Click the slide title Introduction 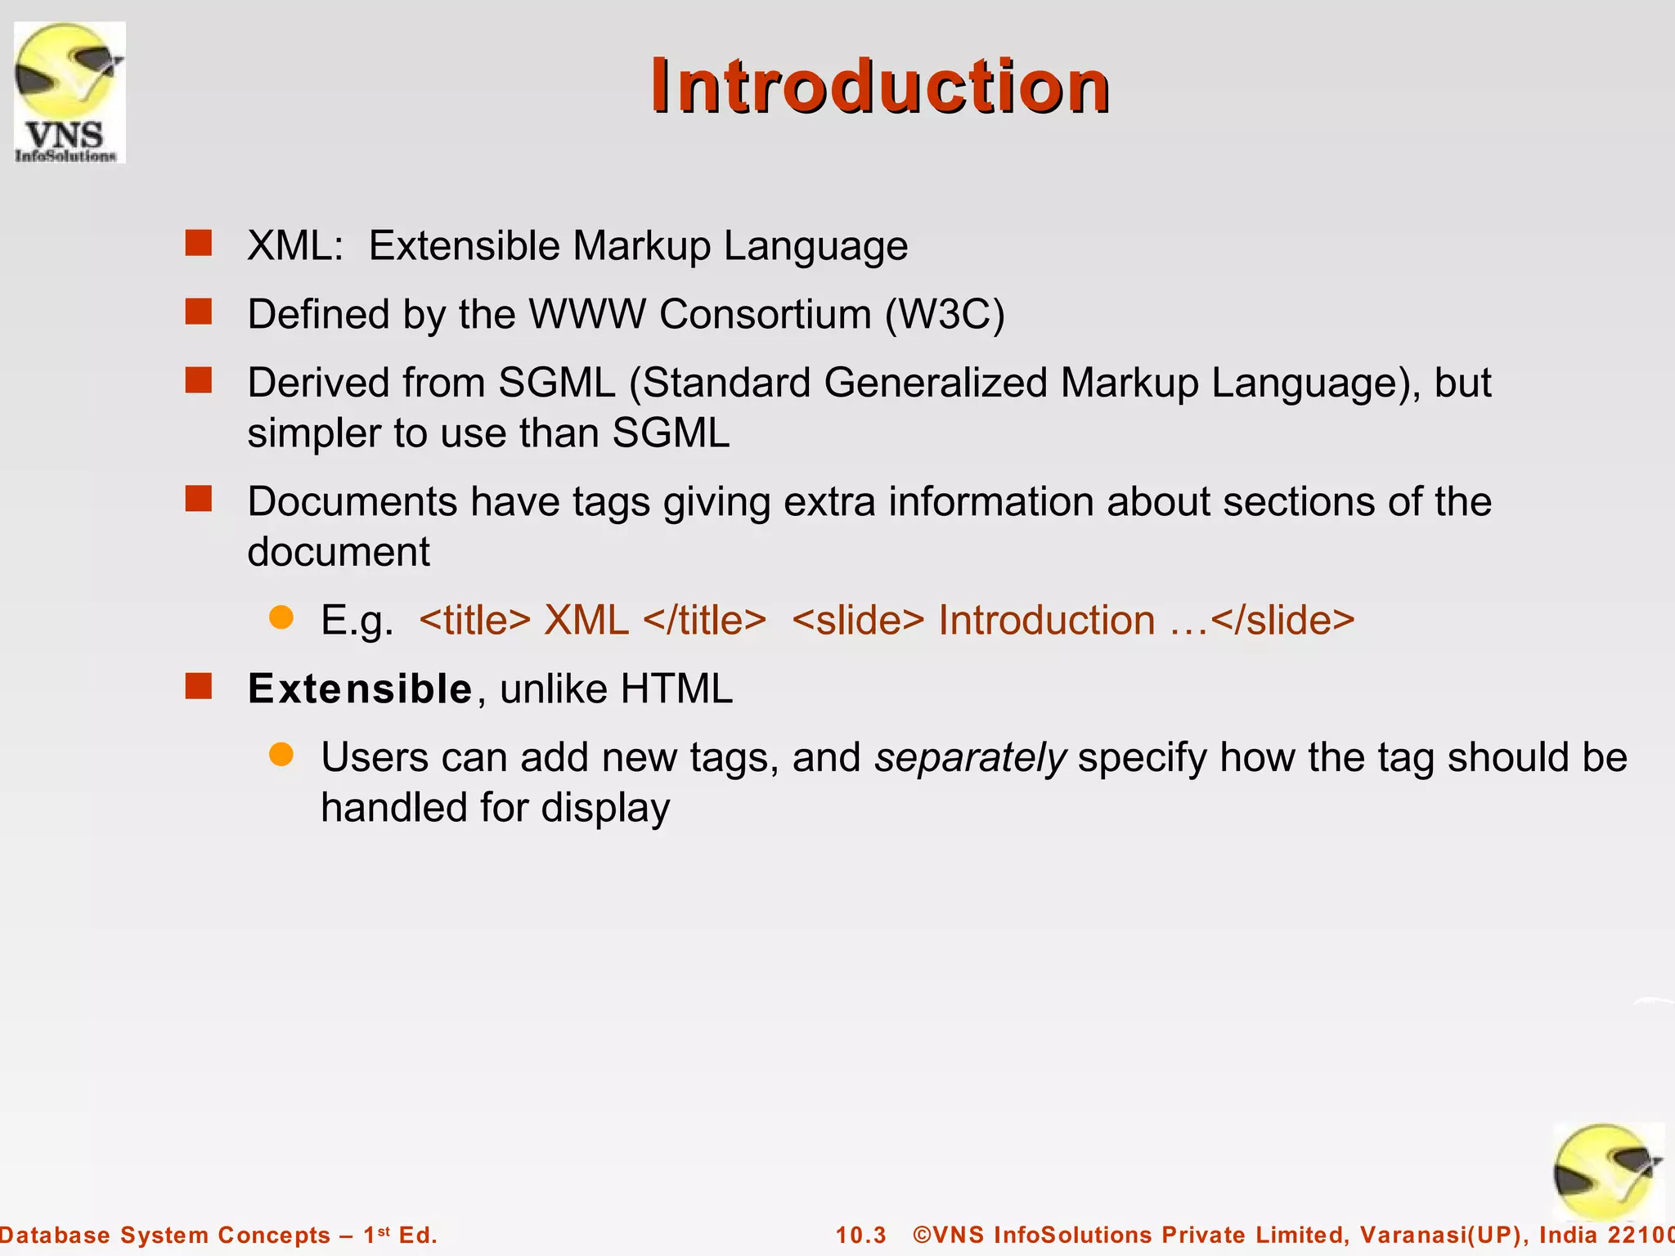(879, 87)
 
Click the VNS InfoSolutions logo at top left (70, 92)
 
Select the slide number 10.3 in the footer (860, 1235)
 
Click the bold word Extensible (360, 689)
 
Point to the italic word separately (970, 757)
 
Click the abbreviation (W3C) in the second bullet (945, 314)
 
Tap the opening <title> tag (474, 620)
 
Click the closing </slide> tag (1282, 620)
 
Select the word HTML (676, 689)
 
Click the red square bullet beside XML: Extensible (199, 243)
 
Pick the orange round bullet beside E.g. (281, 617)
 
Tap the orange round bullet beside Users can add (281, 754)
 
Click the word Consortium (765, 314)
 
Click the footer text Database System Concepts (164, 1235)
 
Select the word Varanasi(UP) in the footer (1444, 1235)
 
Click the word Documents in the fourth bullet (352, 501)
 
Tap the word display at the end (605, 808)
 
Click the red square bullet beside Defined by (199, 312)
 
